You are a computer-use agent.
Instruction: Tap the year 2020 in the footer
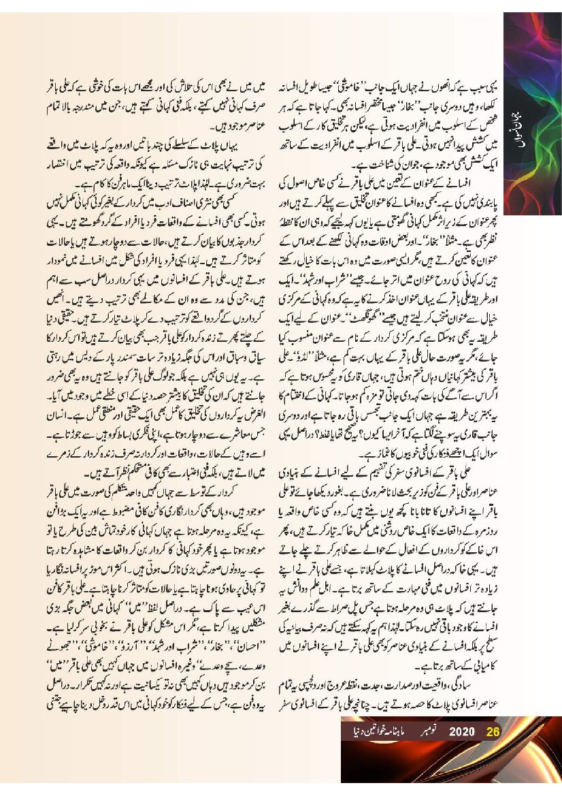pos(461,732)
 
